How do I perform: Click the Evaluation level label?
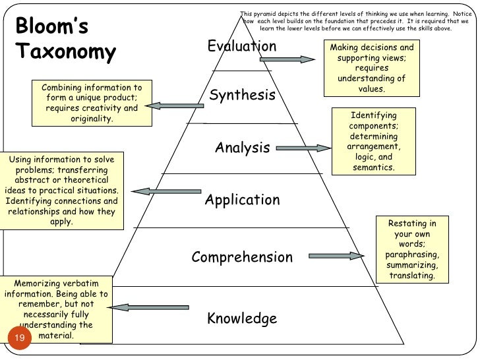click(x=242, y=46)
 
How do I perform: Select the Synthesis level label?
click(x=242, y=96)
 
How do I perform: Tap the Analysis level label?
click(x=242, y=148)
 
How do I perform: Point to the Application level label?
click(x=242, y=200)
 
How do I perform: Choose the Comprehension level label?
click(x=242, y=257)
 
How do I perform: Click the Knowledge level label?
click(x=242, y=319)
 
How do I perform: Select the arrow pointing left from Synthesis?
click(x=174, y=104)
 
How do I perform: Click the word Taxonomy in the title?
click(x=65, y=52)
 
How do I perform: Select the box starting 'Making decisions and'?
click(x=372, y=68)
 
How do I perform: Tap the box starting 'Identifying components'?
click(x=374, y=141)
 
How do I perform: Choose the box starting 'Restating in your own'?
click(x=412, y=249)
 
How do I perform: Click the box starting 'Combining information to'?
click(x=92, y=104)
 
